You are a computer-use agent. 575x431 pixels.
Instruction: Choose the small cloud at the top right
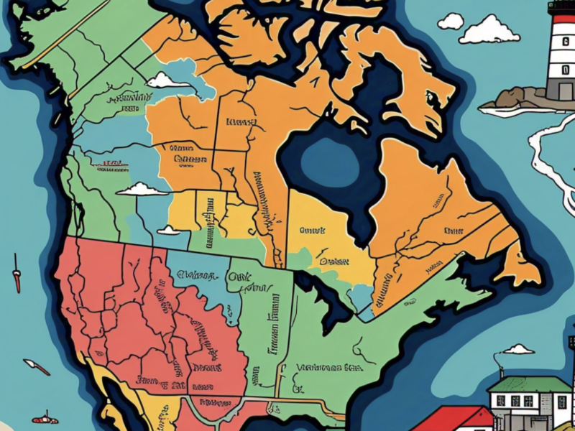click(451, 22)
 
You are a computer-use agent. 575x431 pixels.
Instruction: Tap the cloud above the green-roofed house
click(518, 350)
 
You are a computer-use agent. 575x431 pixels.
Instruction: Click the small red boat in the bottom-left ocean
click(45, 418)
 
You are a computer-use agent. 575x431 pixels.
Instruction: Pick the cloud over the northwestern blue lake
click(167, 80)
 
